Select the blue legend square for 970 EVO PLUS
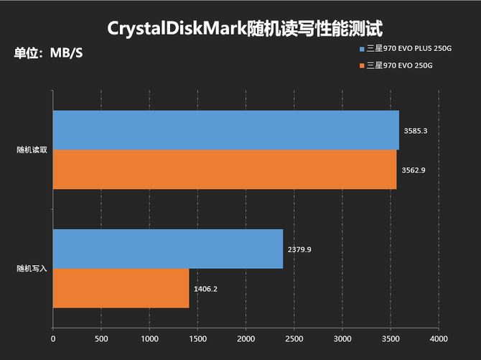[x=363, y=49]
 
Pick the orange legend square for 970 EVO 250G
[x=363, y=66]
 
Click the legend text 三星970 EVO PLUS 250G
[x=411, y=49]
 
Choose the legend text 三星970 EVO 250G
[x=399, y=66]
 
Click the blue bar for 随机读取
[x=225, y=130]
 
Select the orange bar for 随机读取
[x=224, y=170]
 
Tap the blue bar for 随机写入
[x=167, y=249]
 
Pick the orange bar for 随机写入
[x=121, y=288]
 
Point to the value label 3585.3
[x=416, y=131]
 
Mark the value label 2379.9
[x=299, y=249]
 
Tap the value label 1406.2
[x=205, y=289]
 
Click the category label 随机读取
[x=32, y=150]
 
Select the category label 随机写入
[x=32, y=269]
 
